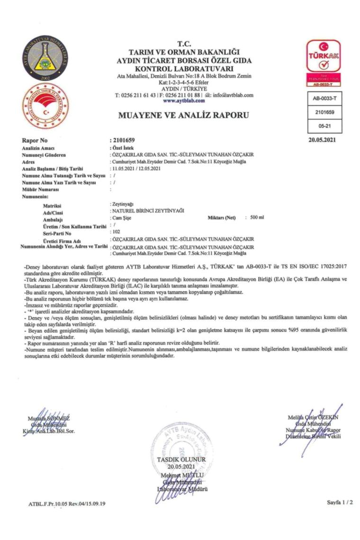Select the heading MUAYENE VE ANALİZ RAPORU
(183, 115)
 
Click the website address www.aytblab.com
(184, 101)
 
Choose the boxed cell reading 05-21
(324, 126)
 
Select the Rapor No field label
(35, 141)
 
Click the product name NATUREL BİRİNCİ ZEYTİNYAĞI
(148, 210)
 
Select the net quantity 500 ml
(257, 217)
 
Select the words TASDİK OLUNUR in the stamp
(182, 459)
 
